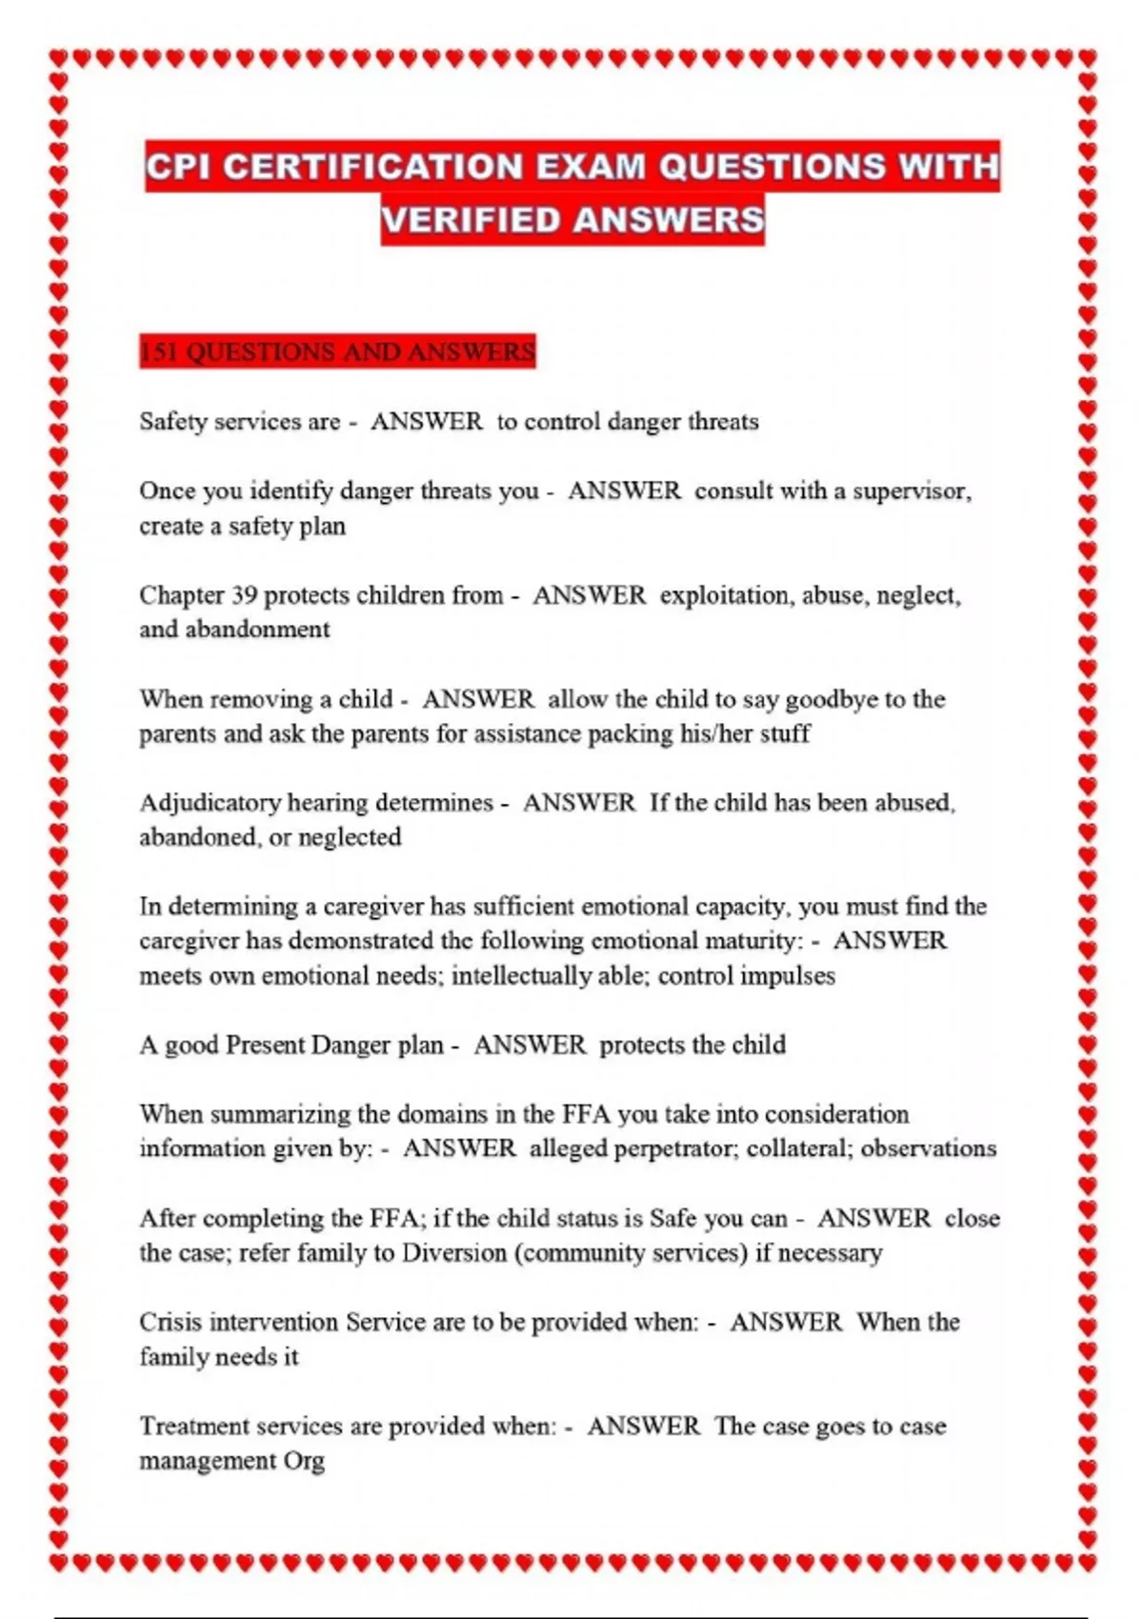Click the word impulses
point(788,976)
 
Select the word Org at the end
point(304,1461)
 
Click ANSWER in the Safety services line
point(426,422)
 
